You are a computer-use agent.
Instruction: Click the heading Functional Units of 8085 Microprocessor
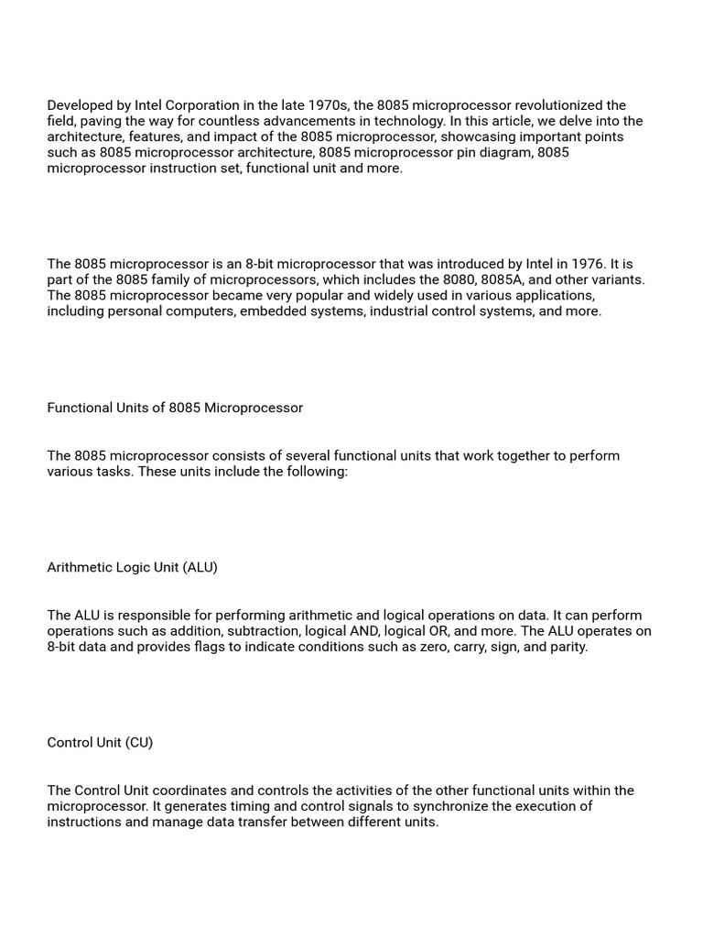(175, 408)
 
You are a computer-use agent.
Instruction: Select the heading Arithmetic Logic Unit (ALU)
(133, 567)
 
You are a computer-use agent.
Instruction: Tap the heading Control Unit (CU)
(100, 743)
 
